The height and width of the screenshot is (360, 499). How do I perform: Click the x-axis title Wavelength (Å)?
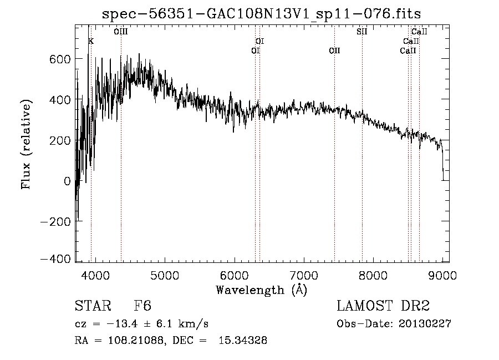point(261,290)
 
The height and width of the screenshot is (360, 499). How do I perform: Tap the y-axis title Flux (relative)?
point(26,144)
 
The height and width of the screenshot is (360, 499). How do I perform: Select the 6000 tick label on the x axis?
point(234,275)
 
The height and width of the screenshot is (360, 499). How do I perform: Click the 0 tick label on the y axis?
point(67,181)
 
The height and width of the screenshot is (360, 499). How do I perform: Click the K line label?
point(91,41)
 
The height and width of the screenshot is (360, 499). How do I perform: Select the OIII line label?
point(121,32)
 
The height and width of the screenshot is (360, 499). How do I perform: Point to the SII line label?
point(362,32)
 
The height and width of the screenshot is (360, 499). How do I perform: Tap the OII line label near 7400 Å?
point(334,50)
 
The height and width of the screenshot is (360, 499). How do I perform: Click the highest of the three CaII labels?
point(419,32)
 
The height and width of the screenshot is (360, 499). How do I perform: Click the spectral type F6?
point(142,306)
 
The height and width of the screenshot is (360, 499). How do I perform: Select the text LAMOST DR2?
point(383,306)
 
